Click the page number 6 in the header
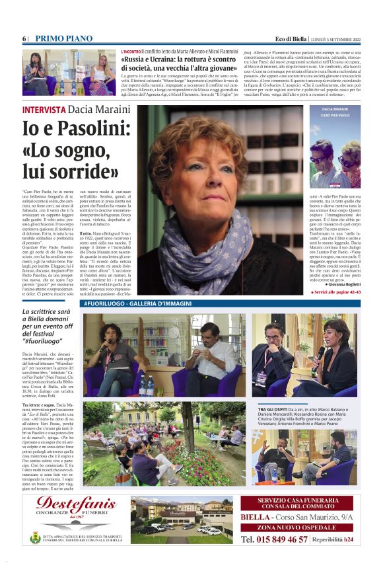point(24,38)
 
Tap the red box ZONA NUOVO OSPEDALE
point(301,528)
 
